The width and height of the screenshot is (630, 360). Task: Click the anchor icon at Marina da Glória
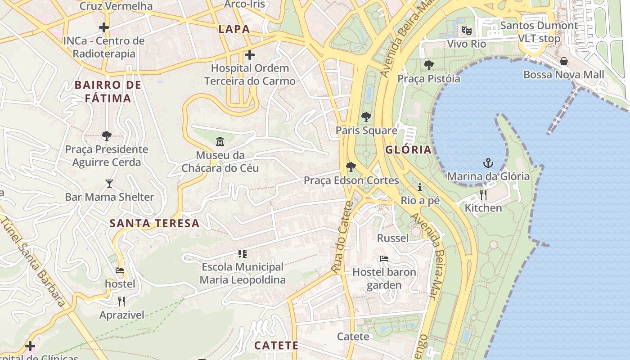488,162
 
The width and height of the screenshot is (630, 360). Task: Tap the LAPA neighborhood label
234,29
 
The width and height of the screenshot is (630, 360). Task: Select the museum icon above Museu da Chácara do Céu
220,142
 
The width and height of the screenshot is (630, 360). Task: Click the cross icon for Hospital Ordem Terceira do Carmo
249,55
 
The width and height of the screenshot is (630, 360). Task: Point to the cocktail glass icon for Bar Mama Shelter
109,183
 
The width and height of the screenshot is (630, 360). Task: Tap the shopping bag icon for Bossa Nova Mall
563,61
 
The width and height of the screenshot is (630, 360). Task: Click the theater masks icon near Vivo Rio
466,31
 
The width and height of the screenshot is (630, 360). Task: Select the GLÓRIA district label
408,150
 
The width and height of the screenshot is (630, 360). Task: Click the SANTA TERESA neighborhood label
154,223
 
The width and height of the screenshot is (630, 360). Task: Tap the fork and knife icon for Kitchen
483,194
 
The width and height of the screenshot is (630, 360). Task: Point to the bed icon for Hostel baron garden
384,259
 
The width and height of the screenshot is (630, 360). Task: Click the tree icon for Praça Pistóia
428,65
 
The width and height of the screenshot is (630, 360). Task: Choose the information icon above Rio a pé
420,187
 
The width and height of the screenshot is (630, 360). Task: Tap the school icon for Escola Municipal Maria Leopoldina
243,253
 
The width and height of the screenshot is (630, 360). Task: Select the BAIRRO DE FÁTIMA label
108,91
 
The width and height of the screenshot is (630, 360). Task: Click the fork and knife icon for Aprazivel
121,301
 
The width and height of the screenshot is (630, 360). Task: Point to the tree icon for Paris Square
366,117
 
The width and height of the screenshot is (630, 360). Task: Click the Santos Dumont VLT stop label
539,32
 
